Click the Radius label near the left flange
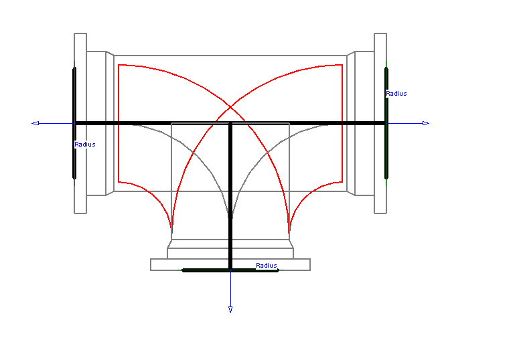85,145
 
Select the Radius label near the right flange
396,94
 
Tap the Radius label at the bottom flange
266,266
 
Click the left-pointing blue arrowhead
35,123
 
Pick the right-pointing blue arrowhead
425,123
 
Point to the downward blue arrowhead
230,309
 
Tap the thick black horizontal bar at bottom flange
201,270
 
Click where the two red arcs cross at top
230,106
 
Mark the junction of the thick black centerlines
230,123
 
